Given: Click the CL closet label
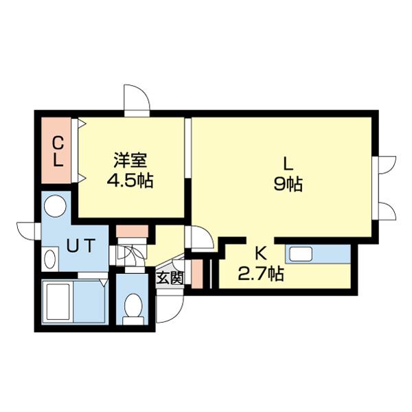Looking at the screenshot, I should (x=58, y=152).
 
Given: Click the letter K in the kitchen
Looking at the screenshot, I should (x=261, y=253).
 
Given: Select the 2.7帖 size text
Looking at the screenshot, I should (x=261, y=274).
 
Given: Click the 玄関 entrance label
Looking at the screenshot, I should (x=169, y=278).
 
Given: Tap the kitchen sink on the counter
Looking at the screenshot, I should (x=301, y=253).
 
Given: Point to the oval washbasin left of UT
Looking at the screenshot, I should (x=49, y=258).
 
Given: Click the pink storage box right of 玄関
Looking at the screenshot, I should (x=196, y=274).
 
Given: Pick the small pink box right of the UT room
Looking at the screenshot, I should (x=128, y=231).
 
